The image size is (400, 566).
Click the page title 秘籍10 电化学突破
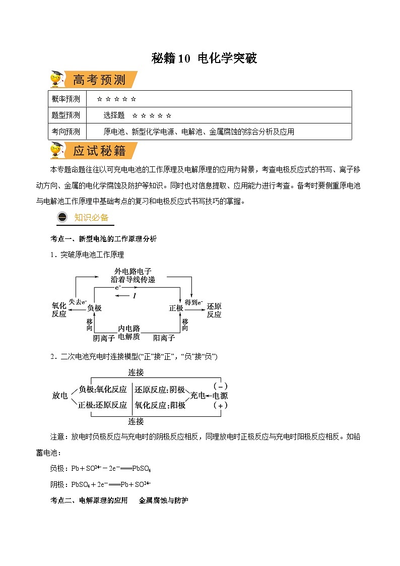204,58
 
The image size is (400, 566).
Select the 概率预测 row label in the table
65,99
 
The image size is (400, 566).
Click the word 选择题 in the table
114,115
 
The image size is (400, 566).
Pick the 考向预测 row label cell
65,132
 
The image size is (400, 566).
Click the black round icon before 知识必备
62,217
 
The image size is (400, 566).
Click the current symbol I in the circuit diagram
135,296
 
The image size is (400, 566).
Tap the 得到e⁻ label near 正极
194,302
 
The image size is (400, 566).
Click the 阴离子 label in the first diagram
104,338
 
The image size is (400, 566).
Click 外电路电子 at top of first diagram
133,271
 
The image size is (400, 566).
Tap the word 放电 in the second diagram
60,396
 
